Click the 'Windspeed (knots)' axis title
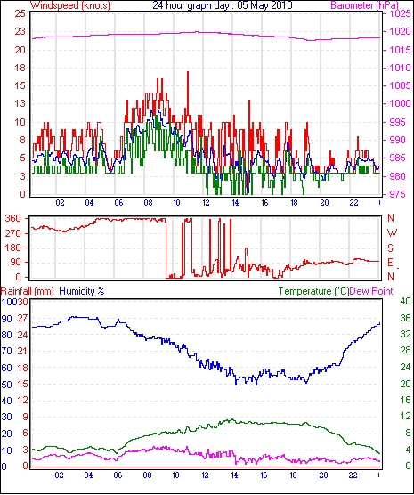tap(70, 5)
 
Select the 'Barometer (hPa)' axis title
tap(364, 5)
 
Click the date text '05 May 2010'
tap(260, 5)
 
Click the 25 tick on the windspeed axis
tap(20, 14)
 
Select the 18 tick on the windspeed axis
tap(20, 68)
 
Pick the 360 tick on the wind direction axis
tap(13, 218)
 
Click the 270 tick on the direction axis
tap(13, 233)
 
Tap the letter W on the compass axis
tap(392, 233)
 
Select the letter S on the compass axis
tap(391, 248)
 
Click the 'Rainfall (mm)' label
tap(28, 291)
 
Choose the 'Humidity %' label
tap(82, 291)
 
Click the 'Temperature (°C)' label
tap(313, 291)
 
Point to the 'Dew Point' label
tap(371, 291)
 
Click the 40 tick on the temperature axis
tap(405, 301)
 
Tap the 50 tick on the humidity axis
tap(6, 385)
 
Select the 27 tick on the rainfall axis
tap(22, 318)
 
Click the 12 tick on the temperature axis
tap(405, 417)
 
